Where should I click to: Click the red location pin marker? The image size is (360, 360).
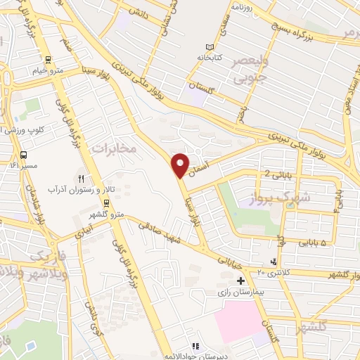point(180,165)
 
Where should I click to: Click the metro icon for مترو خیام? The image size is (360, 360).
point(47,60)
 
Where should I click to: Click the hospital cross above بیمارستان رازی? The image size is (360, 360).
point(241,280)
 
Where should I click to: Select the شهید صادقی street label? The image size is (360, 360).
point(161,235)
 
